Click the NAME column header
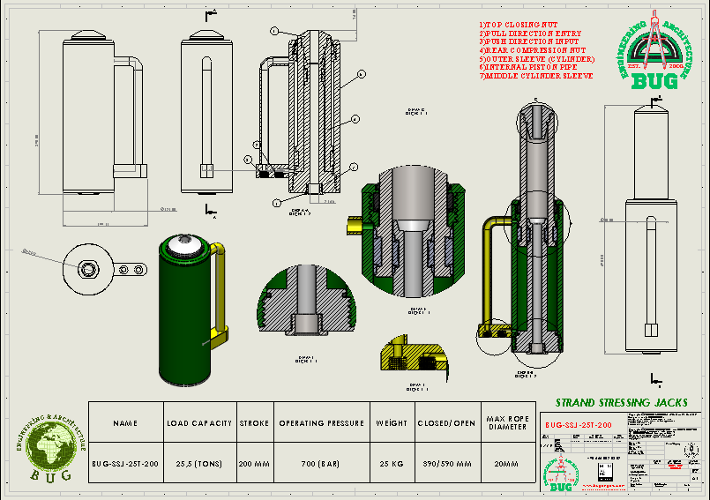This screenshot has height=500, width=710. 125,423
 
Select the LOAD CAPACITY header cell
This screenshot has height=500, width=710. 199,423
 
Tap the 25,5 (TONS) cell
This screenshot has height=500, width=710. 199,464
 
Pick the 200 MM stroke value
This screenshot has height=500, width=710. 255,464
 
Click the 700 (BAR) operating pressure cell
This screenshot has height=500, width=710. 321,464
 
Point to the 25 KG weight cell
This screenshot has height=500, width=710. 391,464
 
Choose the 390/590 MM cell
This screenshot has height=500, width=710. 446,464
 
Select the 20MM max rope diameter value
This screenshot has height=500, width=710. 507,464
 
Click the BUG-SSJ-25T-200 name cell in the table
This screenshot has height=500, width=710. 125,464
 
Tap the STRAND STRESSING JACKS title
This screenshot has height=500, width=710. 620,402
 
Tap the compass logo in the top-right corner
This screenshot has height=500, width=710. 654,49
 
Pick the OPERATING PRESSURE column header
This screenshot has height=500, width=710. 321,423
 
